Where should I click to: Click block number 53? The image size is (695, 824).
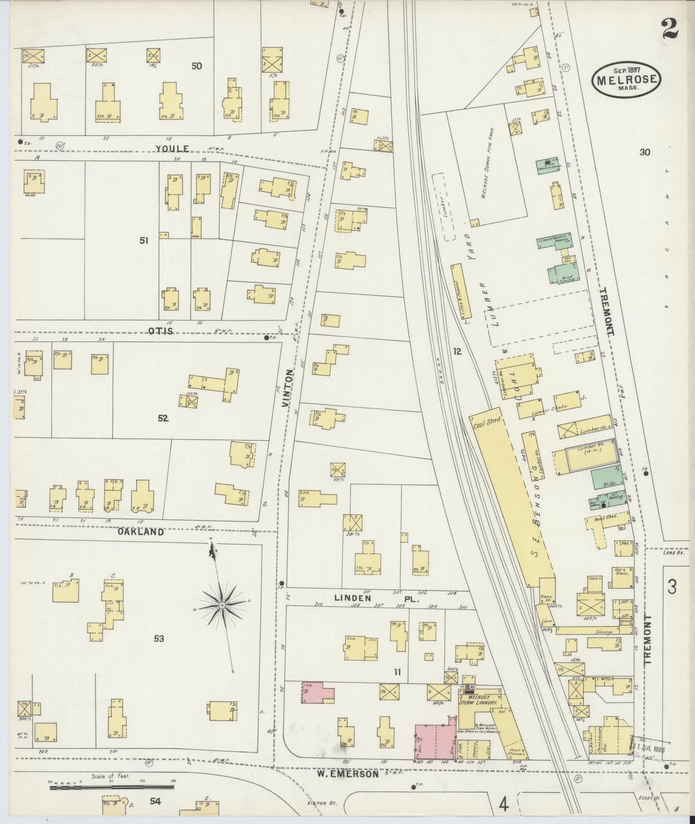tap(159, 638)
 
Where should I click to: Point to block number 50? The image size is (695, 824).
tap(196, 66)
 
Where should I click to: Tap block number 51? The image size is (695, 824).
tap(143, 241)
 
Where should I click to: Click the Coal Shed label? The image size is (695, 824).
tap(487, 421)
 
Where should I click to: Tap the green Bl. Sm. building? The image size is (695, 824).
tap(604, 479)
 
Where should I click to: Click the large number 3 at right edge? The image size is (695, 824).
tap(672, 587)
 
